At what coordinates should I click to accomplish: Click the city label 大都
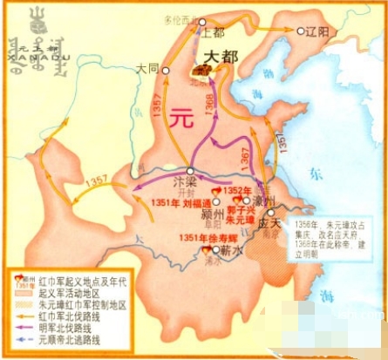pos(221,58)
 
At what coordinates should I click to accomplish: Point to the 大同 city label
pos(150,68)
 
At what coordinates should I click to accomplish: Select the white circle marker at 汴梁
pos(189,172)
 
